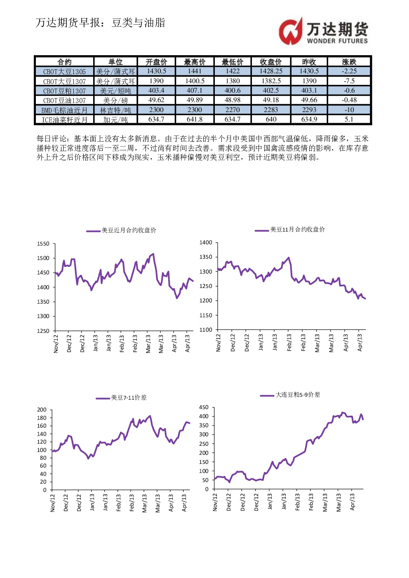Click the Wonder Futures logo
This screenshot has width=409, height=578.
(x=323, y=31)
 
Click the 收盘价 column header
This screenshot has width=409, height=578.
(x=271, y=62)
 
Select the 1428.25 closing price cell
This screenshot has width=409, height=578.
(x=271, y=71)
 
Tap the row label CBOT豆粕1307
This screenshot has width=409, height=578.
(x=64, y=91)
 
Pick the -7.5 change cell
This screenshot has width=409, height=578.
(x=349, y=81)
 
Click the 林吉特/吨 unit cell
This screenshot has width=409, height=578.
(x=115, y=110)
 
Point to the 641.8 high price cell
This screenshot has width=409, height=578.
(x=195, y=119)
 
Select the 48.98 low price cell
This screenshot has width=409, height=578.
(x=233, y=100)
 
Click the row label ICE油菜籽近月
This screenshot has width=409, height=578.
(x=65, y=120)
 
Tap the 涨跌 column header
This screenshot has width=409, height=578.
(x=349, y=62)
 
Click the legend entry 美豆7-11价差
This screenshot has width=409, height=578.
(x=121, y=398)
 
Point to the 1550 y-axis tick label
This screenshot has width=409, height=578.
(x=43, y=243)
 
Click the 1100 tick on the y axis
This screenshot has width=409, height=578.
(x=206, y=330)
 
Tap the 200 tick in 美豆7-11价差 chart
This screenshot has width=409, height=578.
(x=42, y=410)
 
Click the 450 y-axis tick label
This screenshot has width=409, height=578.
(x=204, y=407)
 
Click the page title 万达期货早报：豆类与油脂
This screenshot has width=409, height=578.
(x=100, y=23)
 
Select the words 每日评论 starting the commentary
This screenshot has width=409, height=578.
(x=52, y=139)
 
